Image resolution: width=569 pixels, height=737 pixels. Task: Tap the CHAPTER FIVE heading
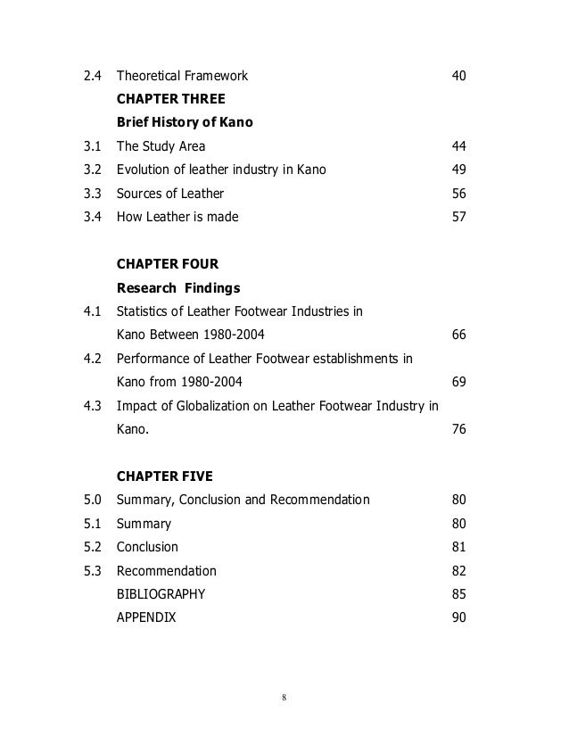pos(164,476)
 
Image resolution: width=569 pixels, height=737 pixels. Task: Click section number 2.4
pos(91,76)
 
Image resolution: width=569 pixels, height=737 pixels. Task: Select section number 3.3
pos(91,193)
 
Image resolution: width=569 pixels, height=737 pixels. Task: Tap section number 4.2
pos(91,359)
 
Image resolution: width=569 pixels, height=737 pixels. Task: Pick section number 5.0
pos(91,500)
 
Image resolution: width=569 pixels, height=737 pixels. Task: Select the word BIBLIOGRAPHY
pos(161,594)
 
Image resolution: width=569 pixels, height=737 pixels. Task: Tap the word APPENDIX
pos(146,617)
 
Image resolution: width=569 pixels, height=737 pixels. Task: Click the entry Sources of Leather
pos(170,193)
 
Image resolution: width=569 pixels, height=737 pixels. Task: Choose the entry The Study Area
pos(161,146)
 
